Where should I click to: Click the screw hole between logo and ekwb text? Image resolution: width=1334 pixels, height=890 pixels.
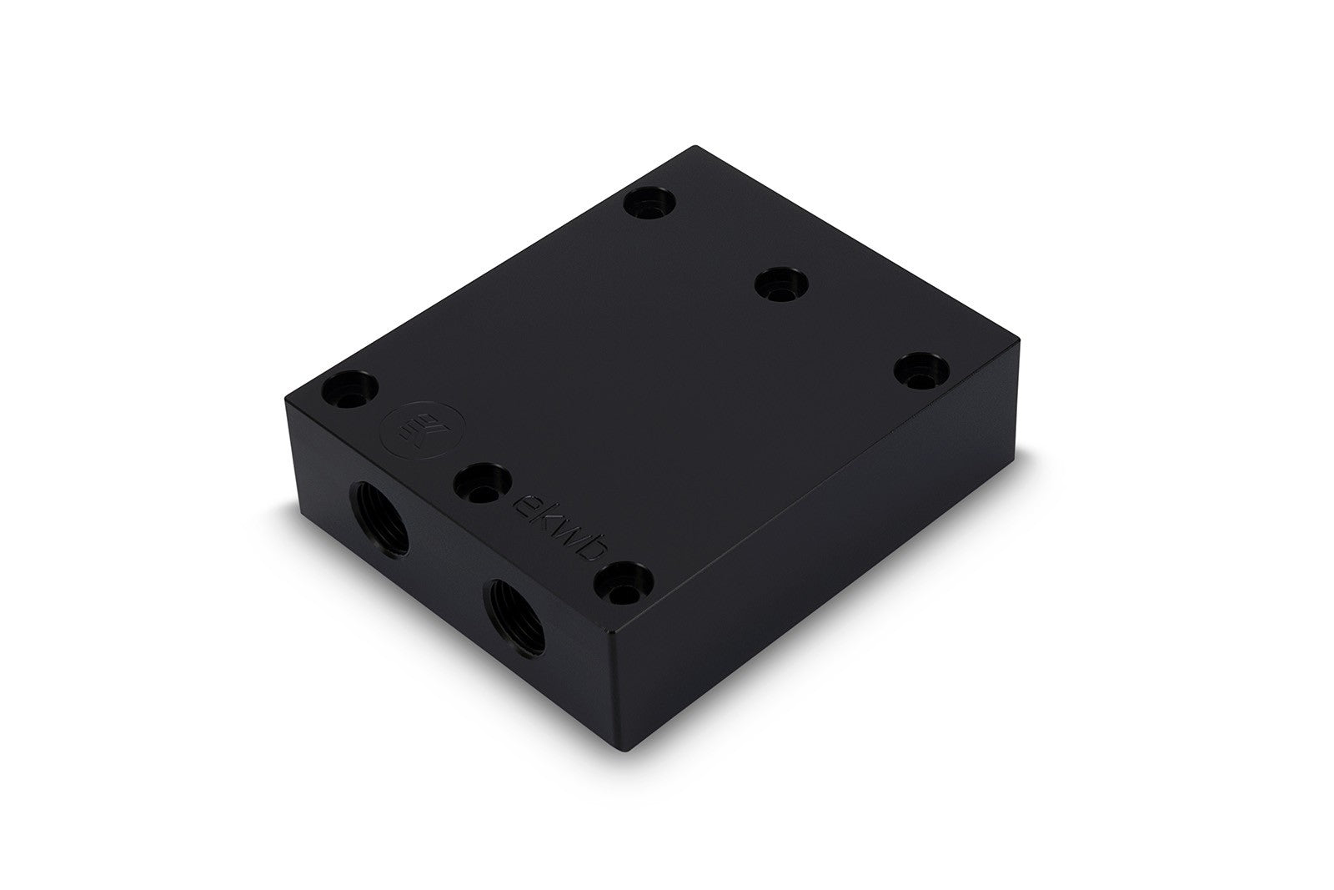pyautogui.click(x=484, y=484)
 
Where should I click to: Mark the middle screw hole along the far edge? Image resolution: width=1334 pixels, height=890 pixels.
pyautogui.click(x=782, y=284)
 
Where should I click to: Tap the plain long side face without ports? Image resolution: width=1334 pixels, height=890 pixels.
pyautogui.click(x=817, y=534)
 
